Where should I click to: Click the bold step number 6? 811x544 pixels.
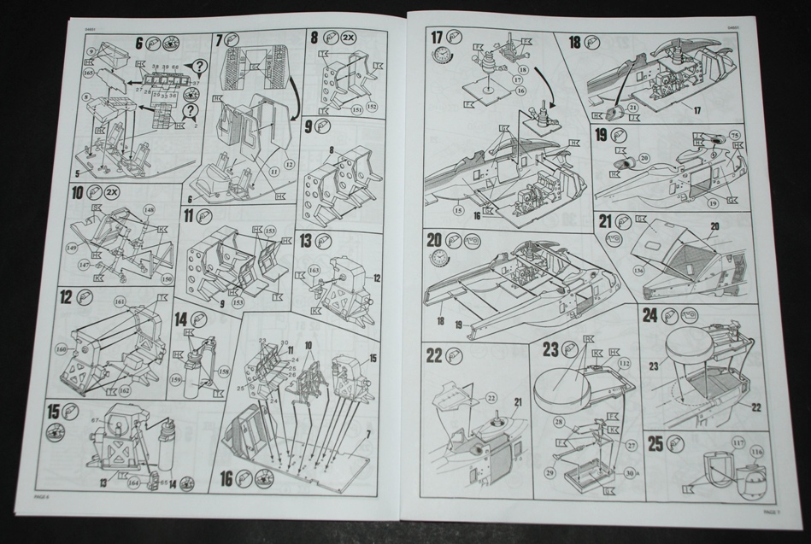tap(138, 42)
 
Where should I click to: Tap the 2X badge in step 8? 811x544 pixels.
tap(350, 38)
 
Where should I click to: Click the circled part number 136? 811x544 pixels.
tap(638, 272)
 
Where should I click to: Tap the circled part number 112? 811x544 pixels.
tap(623, 363)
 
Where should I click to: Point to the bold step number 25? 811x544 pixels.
tap(656, 443)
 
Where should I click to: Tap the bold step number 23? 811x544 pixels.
tap(550, 349)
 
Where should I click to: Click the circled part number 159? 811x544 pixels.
tap(176, 380)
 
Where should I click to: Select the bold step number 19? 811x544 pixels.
tap(602, 135)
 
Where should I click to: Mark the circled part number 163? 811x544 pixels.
tap(313, 270)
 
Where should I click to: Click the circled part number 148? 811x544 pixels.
tap(150, 209)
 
